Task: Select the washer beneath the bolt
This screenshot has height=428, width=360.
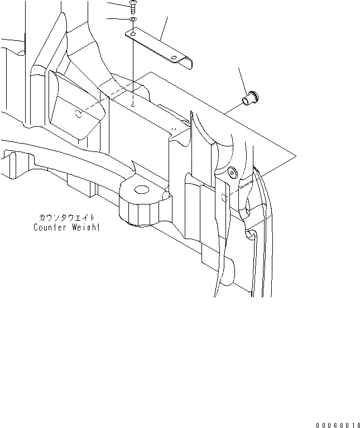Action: click(x=133, y=20)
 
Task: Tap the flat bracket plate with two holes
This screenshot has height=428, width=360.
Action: click(x=156, y=45)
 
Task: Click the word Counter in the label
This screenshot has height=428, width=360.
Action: click(x=50, y=227)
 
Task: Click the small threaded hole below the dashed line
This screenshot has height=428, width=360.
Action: click(x=133, y=104)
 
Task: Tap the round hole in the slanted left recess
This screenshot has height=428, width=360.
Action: click(x=79, y=114)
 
